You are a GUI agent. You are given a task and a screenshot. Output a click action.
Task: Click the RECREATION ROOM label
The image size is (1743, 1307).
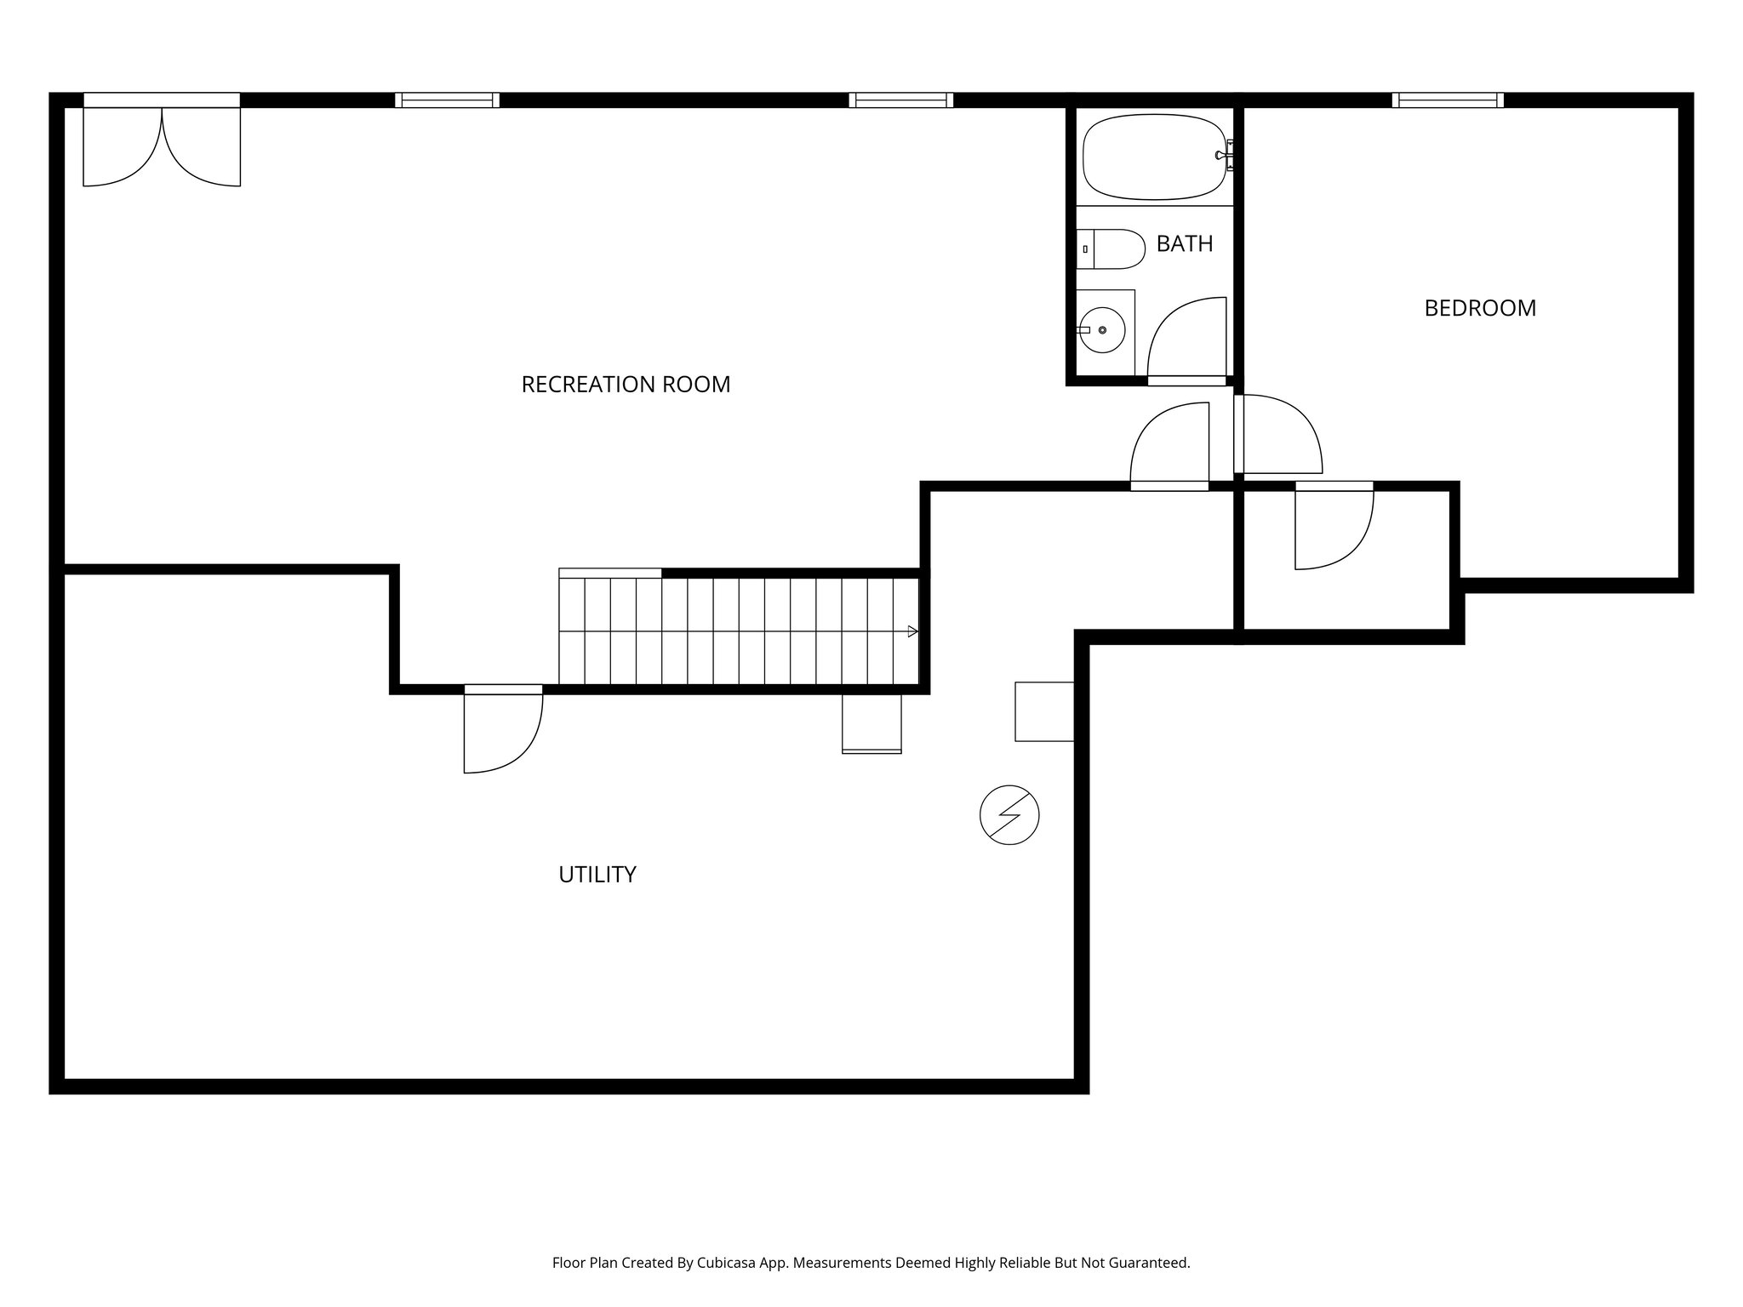[626, 385]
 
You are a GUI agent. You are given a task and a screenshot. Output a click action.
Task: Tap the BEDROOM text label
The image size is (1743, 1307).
[1479, 308]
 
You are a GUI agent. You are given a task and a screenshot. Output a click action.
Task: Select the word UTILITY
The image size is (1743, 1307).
[597, 875]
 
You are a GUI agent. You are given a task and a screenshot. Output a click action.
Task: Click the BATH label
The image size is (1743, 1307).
[1184, 244]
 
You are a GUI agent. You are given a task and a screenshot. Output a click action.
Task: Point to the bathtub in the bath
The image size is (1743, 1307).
[1153, 157]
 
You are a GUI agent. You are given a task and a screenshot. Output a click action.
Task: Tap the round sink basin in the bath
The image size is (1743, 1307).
[1103, 329]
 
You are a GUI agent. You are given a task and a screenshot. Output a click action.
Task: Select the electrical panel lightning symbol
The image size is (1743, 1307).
[1009, 815]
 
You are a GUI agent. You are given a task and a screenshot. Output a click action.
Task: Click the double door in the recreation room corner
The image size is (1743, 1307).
[162, 145]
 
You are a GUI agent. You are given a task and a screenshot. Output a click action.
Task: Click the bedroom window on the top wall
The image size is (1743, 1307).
[1447, 100]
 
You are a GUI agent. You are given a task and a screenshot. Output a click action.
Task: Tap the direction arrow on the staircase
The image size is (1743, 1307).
[912, 631]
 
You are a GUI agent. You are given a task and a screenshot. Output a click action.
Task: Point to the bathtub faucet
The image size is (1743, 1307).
[1224, 156]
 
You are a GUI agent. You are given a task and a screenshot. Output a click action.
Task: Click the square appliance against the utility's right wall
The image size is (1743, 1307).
[1043, 711]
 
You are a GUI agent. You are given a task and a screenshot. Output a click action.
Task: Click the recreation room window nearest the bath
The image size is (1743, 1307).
[900, 100]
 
